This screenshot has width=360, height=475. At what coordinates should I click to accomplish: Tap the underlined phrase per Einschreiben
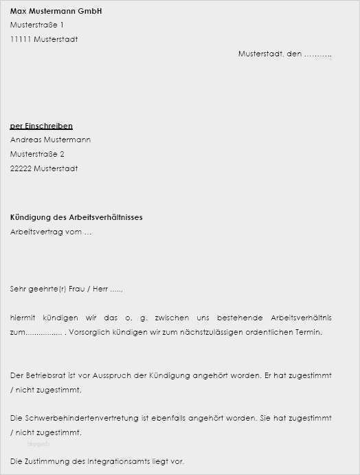[41, 126]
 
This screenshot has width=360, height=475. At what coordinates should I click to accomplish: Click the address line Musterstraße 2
[37, 154]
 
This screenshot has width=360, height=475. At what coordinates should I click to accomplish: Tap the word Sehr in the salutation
[18, 289]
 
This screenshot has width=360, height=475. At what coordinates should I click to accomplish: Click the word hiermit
[25, 318]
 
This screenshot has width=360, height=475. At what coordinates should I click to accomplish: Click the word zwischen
[172, 318]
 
